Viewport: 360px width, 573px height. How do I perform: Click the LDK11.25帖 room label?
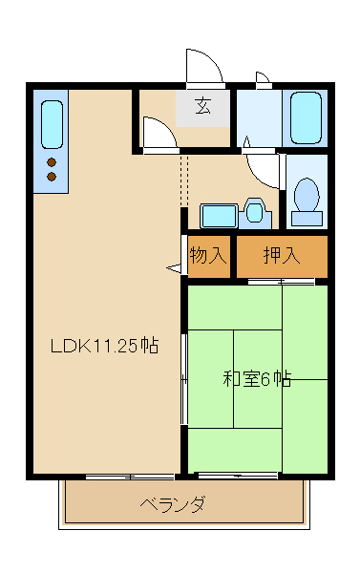104,347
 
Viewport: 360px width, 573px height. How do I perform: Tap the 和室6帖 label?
257,378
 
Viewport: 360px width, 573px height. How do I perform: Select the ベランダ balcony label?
172,504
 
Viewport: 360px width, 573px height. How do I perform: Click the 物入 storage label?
208,256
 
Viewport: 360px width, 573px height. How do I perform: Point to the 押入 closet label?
282,256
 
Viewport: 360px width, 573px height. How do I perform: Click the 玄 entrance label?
203,106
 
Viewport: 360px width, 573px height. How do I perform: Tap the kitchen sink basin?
52,124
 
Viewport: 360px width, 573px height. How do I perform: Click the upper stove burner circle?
52,162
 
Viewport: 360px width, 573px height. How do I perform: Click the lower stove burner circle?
52,177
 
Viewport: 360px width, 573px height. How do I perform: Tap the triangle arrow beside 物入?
175,269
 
